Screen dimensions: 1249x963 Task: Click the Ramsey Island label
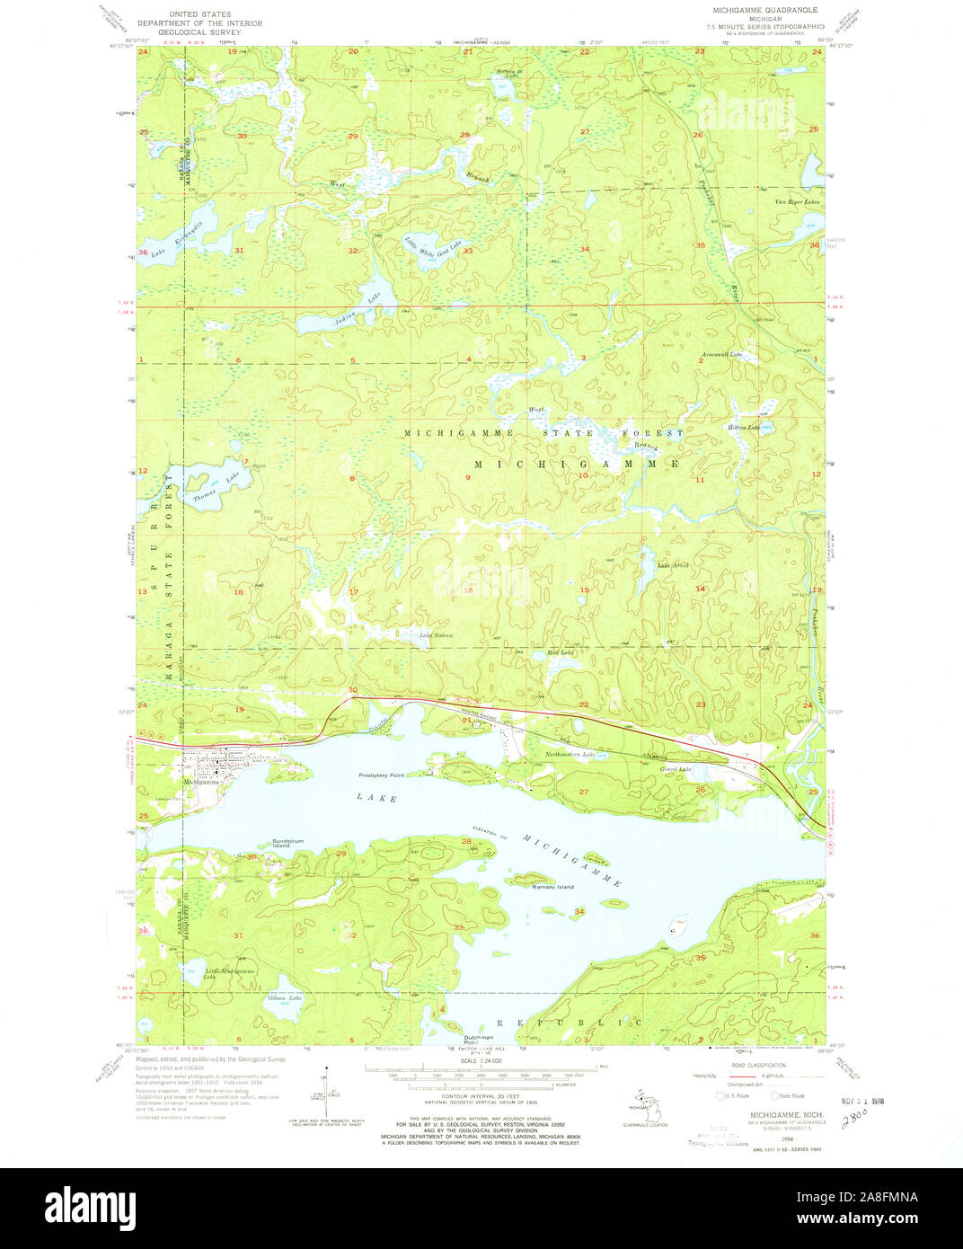(x=552, y=887)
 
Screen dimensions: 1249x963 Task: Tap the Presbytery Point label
(x=382, y=774)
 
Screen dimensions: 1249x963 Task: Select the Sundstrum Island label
(x=282, y=844)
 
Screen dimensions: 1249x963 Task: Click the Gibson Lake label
(x=285, y=998)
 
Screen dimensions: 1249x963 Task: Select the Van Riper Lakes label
(x=798, y=202)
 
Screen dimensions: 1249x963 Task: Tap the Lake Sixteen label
(x=436, y=635)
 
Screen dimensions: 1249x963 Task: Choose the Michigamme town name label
(x=200, y=782)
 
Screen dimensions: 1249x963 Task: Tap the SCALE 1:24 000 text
(x=481, y=1061)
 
